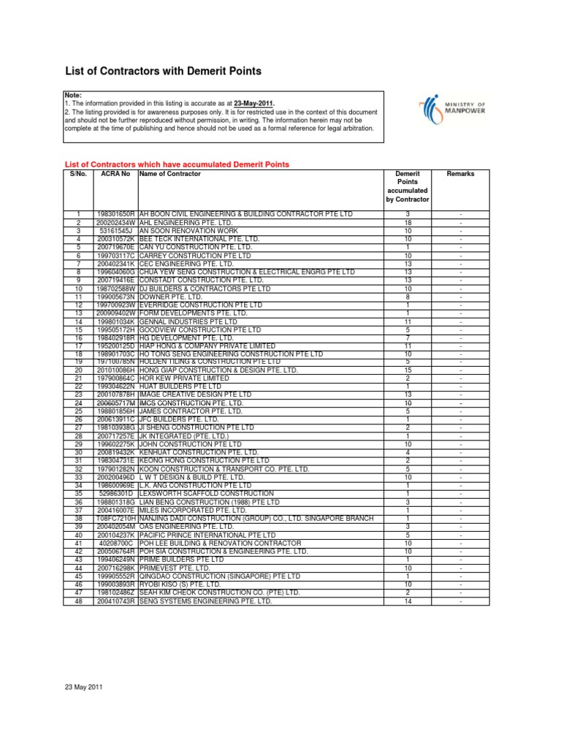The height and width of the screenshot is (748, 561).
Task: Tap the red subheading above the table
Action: tap(178, 164)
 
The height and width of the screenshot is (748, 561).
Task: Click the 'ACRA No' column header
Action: tap(115, 175)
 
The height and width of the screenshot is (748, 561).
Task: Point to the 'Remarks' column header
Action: tap(460, 175)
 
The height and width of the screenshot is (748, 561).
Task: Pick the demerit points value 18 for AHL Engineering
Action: tap(408, 221)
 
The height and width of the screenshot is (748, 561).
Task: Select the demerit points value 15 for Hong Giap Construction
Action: tap(408, 370)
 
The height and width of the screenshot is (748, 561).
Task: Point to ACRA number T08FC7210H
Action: tap(115, 518)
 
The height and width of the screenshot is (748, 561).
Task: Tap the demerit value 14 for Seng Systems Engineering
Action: tap(408, 600)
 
